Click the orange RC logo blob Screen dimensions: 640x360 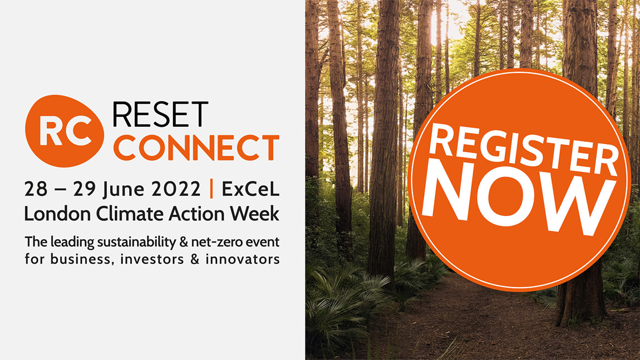click(x=65, y=131)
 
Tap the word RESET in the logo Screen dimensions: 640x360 click(x=160, y=115)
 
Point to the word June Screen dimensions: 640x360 click(x=124, y=190)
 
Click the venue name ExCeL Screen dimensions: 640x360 click(x=250, y=189)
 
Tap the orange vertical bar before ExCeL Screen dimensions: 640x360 click(x=211, y=189)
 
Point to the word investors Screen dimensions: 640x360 click(x=152, y=259)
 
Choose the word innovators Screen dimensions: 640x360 click(x=243, y=259)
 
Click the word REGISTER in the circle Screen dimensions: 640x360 click(x=524, y=150)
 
